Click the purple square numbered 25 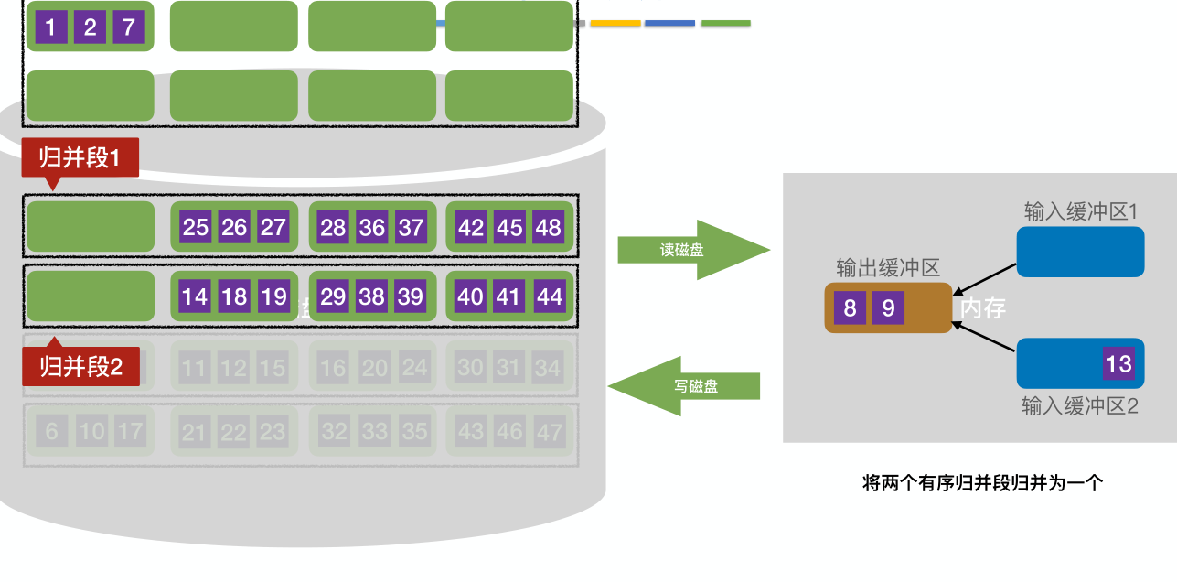click(x=196, y=227)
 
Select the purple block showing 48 click(x=548, y=227)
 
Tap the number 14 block click(x=195, y=296)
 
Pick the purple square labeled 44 click(x=549, y=296)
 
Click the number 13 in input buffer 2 click(x=1118, y=364)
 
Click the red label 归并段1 click(x=80, y=158)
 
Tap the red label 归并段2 click(x=80, y=368)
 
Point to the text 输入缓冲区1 click(x=1080, y=211)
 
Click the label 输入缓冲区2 click(x=1079, y=406)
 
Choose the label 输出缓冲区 click(x=887, y=267)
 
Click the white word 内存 click(x=983, y=309)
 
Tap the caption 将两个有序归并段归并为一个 click(x=982, y=483)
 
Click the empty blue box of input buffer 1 click(x=1080, y=252)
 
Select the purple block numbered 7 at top click(x=129, y=27)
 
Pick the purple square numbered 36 click(x=371, y=227)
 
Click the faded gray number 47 click(x=549, y=432)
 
